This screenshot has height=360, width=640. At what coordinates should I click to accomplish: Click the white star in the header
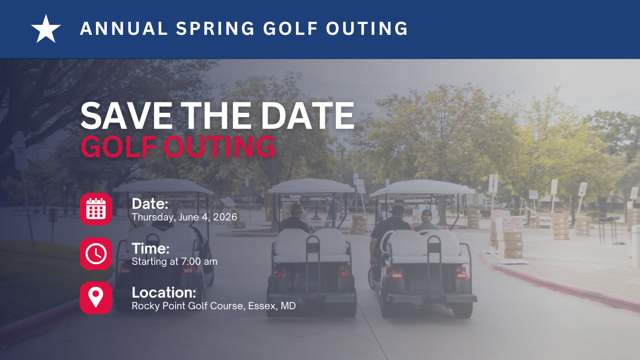[x=46, y=29]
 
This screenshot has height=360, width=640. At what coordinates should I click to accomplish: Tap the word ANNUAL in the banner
[x=124, y=28]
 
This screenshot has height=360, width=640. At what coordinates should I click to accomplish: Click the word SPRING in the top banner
[x=215, y=28]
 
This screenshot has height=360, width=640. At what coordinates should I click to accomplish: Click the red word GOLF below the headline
[x=118, y=146]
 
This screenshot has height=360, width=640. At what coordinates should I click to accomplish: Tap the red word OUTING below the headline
[x=220, y=146]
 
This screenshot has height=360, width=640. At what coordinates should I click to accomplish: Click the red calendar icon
[x=96, y=209]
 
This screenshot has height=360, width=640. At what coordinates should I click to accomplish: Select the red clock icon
[x=96, y=254]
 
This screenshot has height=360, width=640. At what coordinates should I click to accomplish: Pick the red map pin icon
[x=96, y=298]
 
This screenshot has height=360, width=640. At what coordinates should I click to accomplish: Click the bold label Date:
[x=150, y=204]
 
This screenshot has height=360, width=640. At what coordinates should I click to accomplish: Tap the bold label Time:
[x=150, y=248]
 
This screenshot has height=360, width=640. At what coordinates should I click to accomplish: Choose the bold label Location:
[x=164, y=292]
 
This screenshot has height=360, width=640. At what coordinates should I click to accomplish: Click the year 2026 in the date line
[x=225, y=217]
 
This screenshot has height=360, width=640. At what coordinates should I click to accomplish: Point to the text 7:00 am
[x=199, y=262]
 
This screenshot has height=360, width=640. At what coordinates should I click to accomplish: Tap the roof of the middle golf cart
[x=311, y=186]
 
